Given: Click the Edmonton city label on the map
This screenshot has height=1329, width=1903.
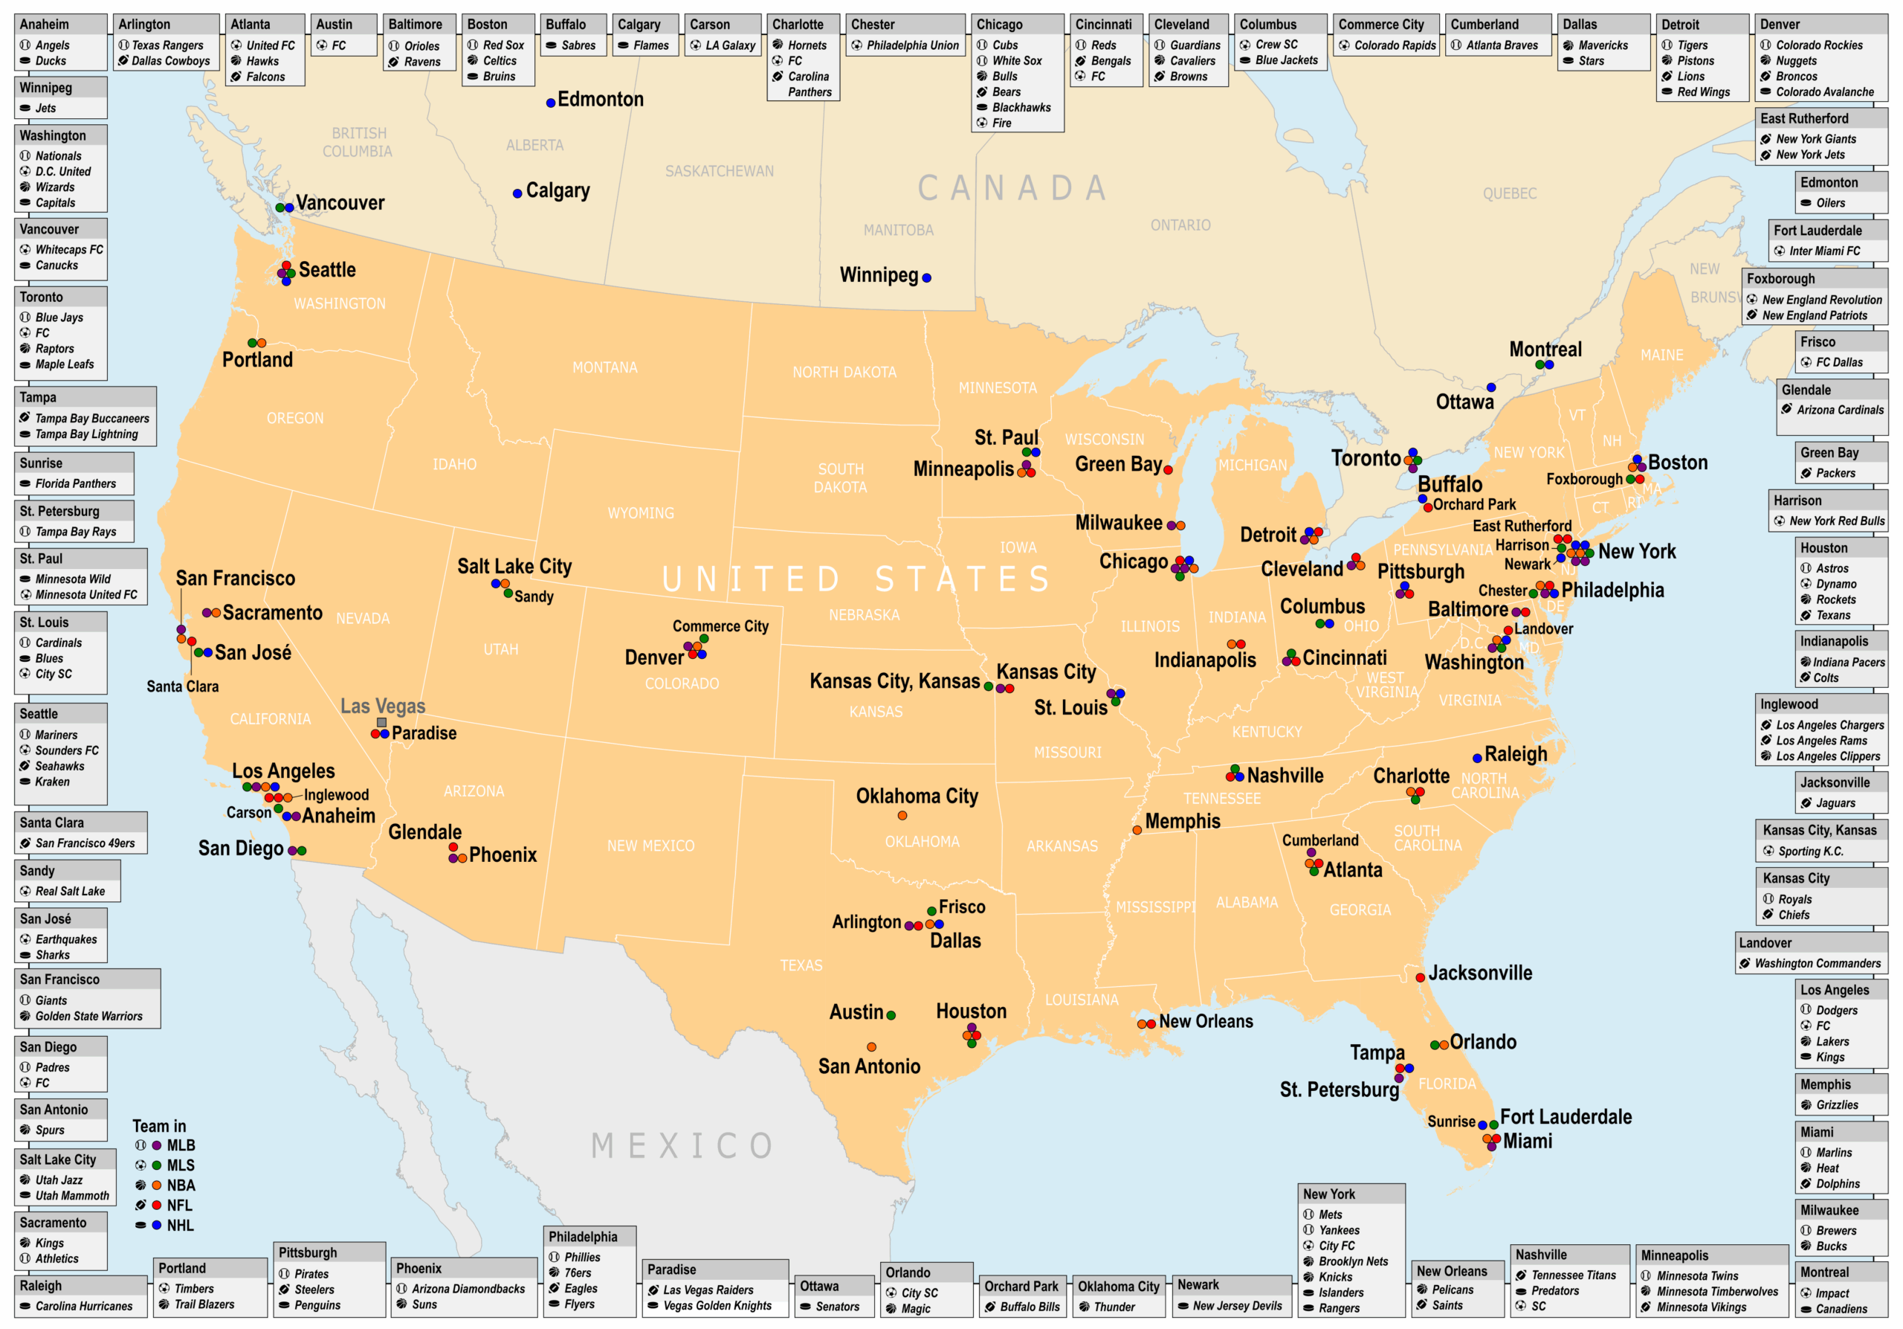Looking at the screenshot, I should tap(600, 100).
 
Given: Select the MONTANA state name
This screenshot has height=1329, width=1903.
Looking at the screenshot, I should tap(604, 367).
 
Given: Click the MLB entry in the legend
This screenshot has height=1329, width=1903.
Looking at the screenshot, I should tap(181, 1146).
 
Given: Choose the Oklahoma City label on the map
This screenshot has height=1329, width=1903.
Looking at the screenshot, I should tap(917, 797).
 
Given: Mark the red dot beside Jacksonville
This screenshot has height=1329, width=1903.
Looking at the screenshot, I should tap(1420, 977).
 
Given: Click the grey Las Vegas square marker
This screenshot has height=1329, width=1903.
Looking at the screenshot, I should tap(381, 723).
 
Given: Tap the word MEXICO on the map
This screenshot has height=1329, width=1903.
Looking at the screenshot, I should tap(683, 1147).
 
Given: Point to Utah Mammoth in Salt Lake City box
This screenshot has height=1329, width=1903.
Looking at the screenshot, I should tap(72, 1196).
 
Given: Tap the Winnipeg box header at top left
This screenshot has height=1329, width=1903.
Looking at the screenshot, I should tap(46, 88).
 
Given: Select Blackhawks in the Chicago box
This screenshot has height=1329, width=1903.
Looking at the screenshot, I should tap(1021, 108).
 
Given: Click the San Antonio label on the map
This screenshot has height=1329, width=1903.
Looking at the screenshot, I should tap(869, 1067).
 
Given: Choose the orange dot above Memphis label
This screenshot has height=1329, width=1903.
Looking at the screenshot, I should tap(1137, 830).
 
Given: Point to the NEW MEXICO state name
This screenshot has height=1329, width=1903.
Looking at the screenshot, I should tap(650, 846).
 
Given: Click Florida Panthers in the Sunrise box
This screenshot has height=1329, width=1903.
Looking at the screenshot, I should tap(75, 484).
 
